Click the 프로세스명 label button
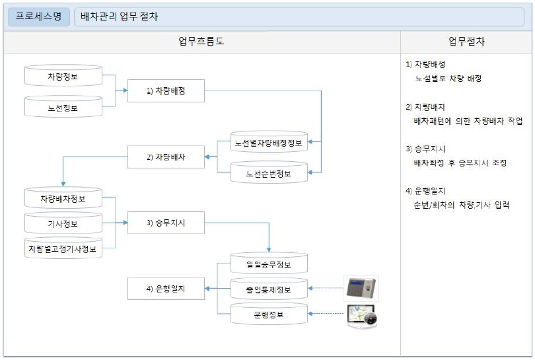(39, 17)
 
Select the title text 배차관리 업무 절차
(120, 17)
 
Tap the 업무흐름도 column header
(201, 42)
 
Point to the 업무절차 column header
(466, 42)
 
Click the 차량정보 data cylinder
(63, 76)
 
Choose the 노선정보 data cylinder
(63, 107)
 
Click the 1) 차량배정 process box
(166, 92)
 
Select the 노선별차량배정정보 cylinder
(268, 142)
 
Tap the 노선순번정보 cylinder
(268, 173)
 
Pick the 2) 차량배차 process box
(166, 157)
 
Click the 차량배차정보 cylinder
(63, 198)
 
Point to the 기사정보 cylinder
(63, 224)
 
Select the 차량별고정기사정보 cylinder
(63, 248)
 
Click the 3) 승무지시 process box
(166, 223)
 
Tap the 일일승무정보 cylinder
(268, 264)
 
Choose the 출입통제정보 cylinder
(268, 289)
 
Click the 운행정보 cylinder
(268, 314)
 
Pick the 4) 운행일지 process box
(166, 289)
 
